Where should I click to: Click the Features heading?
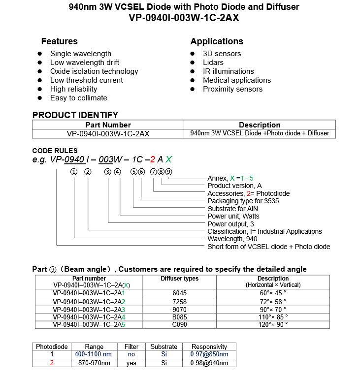59,41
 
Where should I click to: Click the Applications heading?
217,41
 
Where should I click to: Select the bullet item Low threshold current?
86,80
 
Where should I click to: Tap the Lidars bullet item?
213,63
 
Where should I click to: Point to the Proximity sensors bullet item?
232,89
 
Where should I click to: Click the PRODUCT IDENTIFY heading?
75,115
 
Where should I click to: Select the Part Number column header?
108,125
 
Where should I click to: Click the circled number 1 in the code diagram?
74,172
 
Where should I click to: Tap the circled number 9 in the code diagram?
168,172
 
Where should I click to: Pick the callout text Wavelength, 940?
232,239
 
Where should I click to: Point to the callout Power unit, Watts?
233,216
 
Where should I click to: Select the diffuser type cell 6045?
179,293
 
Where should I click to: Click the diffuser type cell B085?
179,317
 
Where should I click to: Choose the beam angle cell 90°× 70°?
273,309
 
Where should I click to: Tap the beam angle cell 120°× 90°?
273,325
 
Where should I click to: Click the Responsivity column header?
209,346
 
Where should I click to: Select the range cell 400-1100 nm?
93,354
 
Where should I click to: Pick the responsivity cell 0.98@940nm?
209,363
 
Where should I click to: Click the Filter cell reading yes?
131,363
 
